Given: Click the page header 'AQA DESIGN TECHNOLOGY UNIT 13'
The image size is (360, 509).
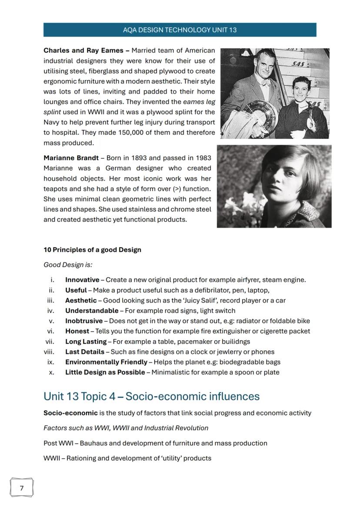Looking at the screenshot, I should (x=180, y=30).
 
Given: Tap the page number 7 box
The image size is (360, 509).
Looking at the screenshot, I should (x=22, y=488).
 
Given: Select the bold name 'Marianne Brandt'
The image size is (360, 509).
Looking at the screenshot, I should (x=71, y=158).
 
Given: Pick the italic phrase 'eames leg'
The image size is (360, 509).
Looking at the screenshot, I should (x=199, y=102).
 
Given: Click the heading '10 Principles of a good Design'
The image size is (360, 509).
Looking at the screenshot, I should (x=92, y=250).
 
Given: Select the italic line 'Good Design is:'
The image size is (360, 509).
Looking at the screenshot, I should (x=68, y=265).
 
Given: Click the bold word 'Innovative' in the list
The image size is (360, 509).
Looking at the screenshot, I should (x=82, y=280).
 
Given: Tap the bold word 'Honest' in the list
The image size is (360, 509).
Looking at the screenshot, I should (x=77, y=331).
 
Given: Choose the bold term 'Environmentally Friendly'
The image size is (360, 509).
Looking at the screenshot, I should (x=106, y=362).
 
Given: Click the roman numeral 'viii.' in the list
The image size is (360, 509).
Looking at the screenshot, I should (x=50, y=352).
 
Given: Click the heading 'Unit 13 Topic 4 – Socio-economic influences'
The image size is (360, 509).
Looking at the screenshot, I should (x=151, y=396).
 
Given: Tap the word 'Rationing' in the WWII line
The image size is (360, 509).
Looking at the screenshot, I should (x=81, y=458).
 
